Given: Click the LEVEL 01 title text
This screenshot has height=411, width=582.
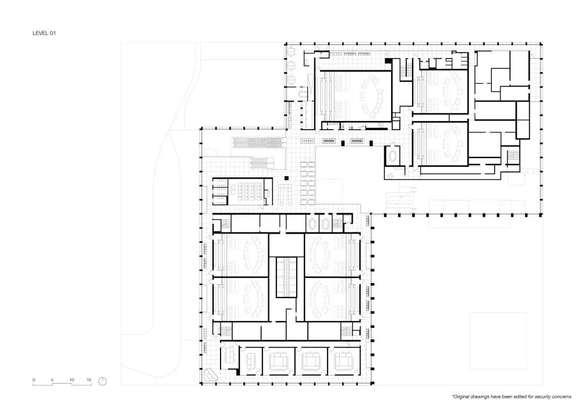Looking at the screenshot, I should pos(44,34).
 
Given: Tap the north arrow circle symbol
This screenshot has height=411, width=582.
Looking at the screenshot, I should pos(102,381).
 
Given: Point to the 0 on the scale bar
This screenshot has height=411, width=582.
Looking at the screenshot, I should pos(34,380).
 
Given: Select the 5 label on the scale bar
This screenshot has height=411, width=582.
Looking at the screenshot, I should pos(52,380).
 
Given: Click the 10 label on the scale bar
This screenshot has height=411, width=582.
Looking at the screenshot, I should pos(72,380).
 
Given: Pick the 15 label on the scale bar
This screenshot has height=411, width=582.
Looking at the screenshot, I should pos(89,380).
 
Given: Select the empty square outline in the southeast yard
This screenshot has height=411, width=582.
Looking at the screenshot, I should pos(498,340).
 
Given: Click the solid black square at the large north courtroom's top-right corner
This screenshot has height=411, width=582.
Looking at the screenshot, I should pos(386,60).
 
